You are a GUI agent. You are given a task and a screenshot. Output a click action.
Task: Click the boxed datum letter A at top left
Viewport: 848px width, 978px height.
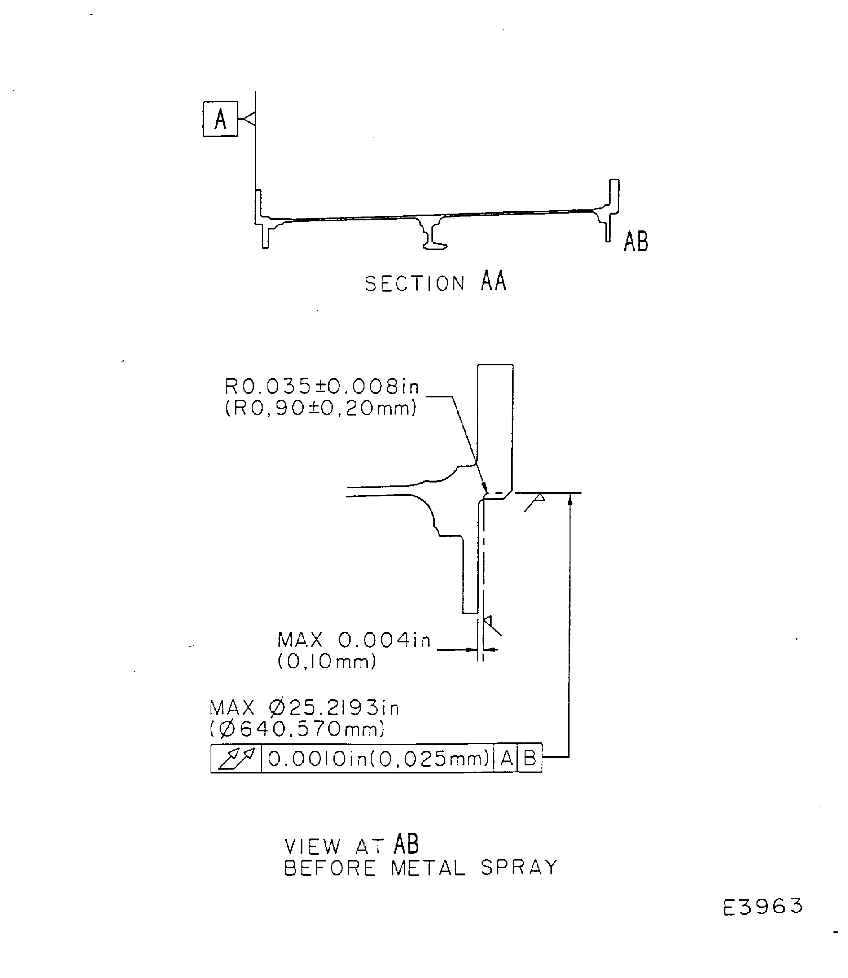220,119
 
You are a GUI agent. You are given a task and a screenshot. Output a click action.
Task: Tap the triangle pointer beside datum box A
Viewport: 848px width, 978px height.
249,118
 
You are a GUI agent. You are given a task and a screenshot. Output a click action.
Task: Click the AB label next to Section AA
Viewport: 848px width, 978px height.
636,241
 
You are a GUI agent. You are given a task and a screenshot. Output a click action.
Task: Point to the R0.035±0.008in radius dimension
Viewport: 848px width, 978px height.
322,387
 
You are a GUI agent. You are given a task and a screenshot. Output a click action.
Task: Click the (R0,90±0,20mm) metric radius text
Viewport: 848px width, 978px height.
321,408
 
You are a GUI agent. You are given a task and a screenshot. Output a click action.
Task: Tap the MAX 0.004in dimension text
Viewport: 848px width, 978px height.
354,640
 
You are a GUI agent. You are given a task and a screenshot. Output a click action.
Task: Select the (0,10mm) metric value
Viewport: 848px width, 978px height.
327,661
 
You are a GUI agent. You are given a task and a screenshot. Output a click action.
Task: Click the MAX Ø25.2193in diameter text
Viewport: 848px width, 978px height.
304,708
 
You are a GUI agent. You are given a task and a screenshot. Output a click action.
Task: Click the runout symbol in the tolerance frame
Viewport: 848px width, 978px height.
236,758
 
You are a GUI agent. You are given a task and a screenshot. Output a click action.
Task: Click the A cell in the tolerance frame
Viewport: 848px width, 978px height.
506,759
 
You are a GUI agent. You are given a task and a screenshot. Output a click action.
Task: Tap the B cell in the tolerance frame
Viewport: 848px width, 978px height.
529,759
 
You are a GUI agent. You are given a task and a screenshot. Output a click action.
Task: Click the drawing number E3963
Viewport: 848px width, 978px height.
763,906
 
